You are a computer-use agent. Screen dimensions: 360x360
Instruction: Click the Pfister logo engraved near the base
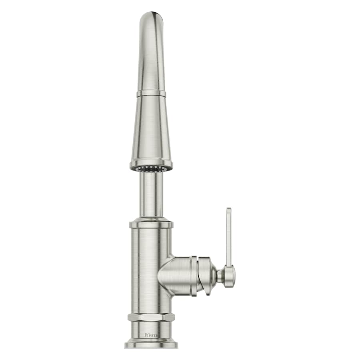[x=151, y=335]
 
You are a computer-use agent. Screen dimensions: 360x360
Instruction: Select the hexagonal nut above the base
[x=151, y=317]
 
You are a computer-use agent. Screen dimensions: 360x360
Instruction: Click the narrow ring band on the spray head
[x=151, y=94]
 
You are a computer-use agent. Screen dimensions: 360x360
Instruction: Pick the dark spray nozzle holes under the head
[x=151, y=168]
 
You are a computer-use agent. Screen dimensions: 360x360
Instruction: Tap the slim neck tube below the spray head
[x=151, y=194]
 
